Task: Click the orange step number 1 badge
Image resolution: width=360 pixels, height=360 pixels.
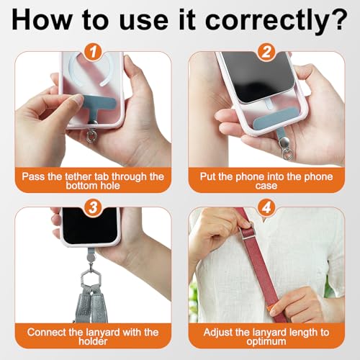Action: coord(93,51)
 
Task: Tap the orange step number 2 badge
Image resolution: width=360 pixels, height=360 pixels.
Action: coord(266,51)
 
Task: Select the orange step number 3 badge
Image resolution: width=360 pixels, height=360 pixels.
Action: coord(93,207)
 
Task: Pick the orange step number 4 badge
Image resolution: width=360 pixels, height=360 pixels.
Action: coord(266,207)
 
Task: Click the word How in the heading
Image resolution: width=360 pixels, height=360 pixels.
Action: coord(41,19)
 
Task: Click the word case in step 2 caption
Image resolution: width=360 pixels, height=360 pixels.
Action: coord(266,186)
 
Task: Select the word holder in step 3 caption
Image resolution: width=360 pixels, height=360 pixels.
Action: coord(93,341)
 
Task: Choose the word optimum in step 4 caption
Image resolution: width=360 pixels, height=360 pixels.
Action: coord(266,342)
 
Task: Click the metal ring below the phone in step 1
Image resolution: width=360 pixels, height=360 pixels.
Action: coord(91,136)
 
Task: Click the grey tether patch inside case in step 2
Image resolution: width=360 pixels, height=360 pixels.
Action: coord(274,118)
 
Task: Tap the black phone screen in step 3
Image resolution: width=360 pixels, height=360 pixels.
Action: coord(90,225)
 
